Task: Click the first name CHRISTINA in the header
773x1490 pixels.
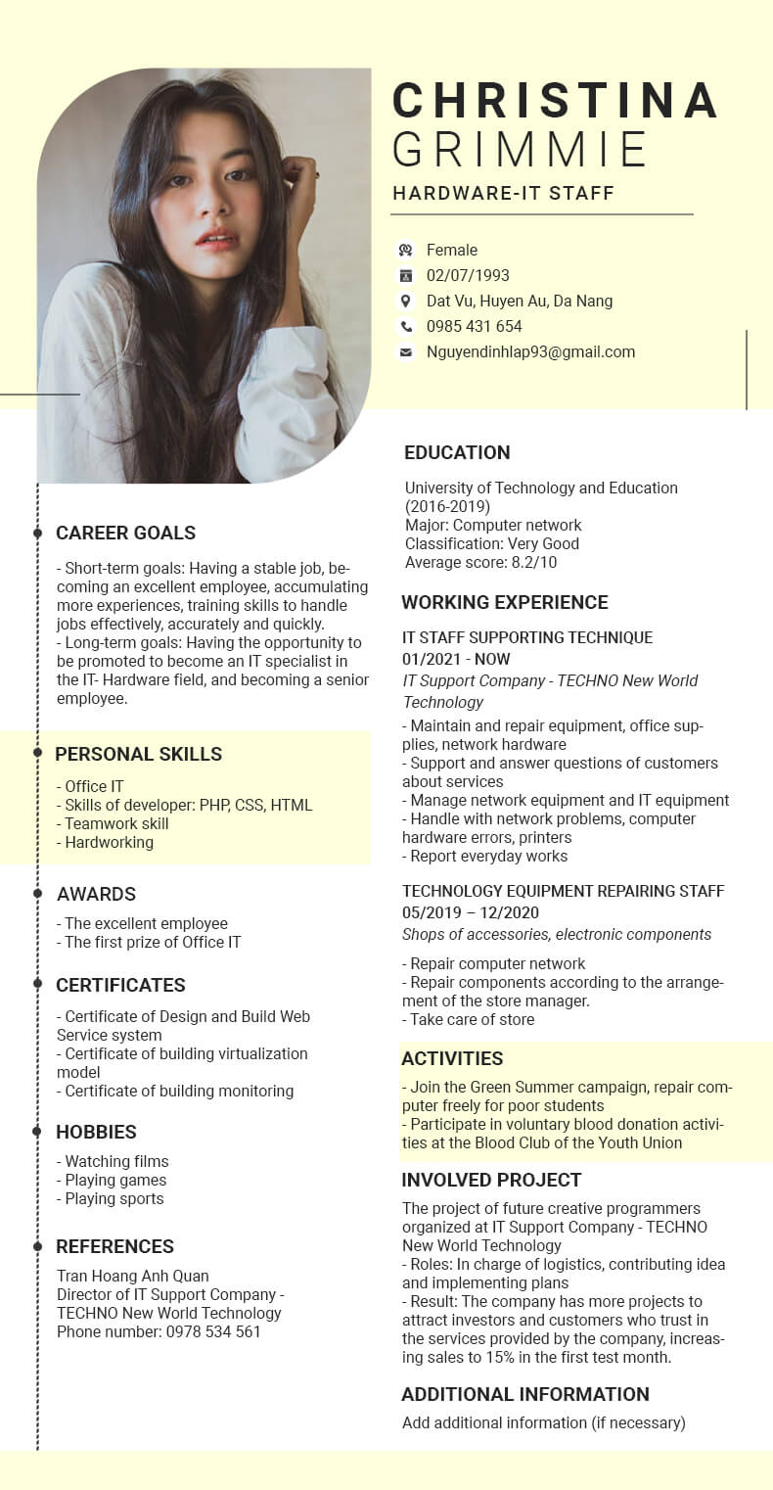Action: point(555,101)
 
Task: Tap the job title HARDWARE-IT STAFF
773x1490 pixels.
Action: point(503,193)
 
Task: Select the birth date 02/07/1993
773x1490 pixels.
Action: point(468,275)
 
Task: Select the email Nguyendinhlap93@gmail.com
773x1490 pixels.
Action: point(530,352)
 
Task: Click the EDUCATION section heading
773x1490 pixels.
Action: point(457,452)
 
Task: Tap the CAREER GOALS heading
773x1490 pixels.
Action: point(125,533)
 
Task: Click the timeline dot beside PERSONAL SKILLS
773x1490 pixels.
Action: point(37,753)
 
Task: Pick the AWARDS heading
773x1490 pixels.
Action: point(96,894)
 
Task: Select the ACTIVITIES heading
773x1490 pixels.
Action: point(452,1058)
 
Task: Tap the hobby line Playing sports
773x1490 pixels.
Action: point(114,1198)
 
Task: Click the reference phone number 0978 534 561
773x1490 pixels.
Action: point(159,1331)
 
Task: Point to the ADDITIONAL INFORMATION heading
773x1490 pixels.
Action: point(525,1394)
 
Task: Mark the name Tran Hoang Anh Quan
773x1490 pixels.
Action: point(132,1276)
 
